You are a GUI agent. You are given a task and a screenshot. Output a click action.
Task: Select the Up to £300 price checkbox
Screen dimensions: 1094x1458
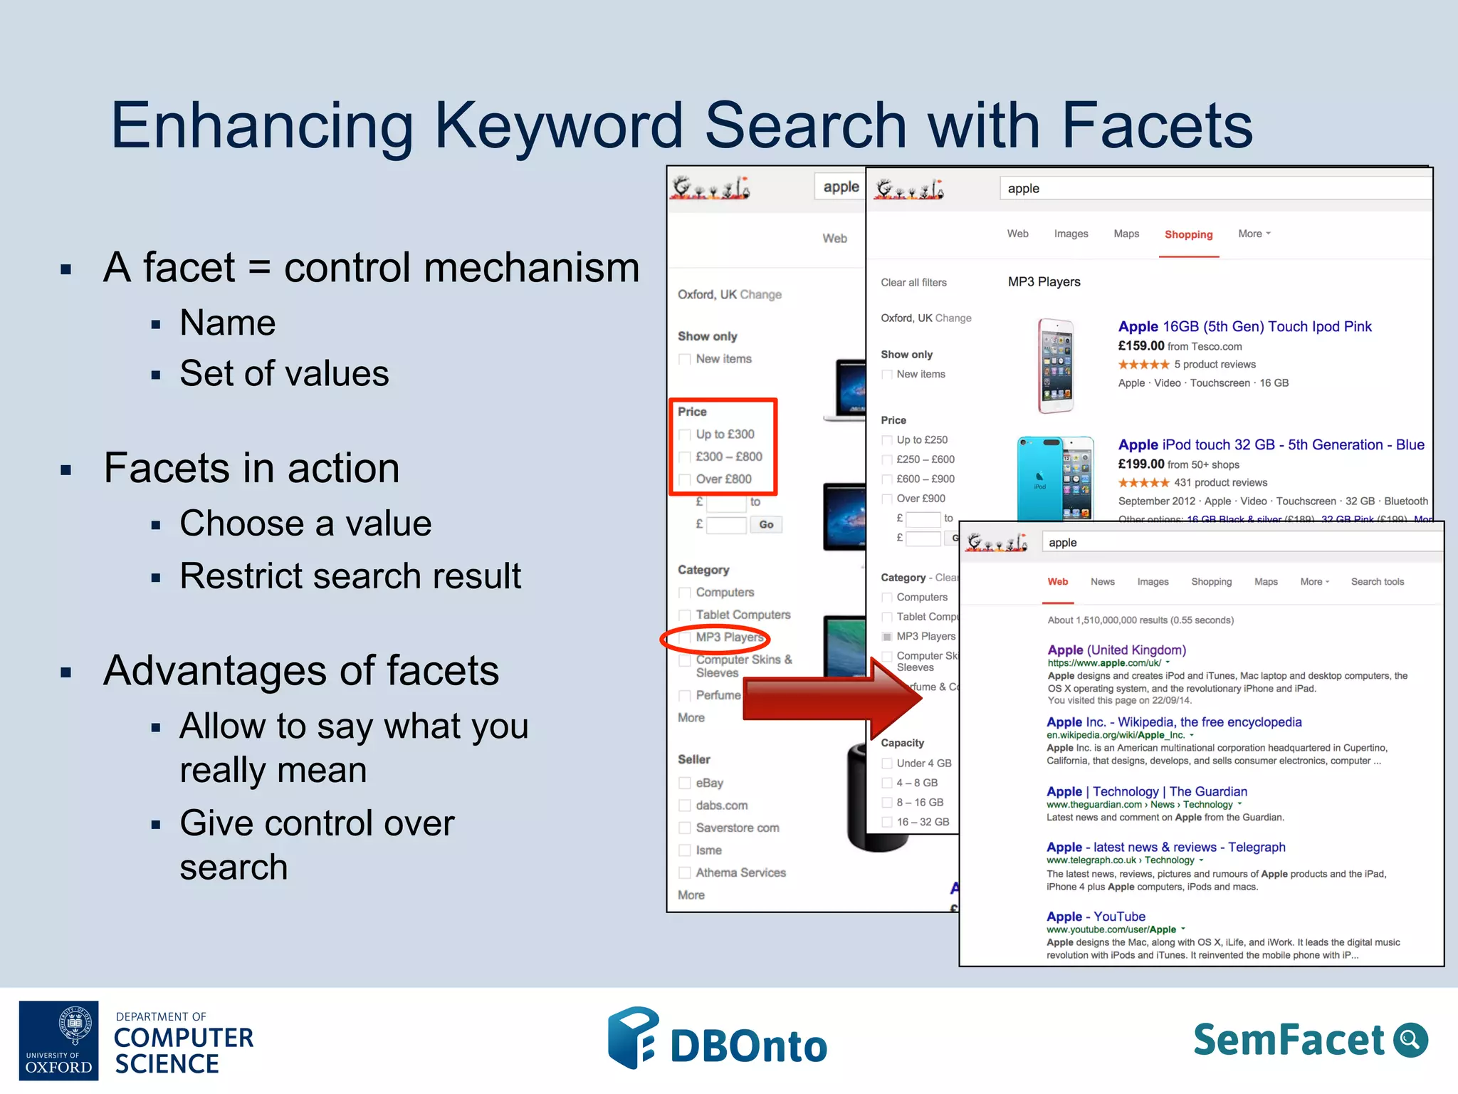pos(685,434)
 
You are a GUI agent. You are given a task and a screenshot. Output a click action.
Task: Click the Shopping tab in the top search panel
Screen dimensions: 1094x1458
pos(1188,234)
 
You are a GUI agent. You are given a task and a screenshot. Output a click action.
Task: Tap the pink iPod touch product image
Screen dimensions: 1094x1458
pos(1055,365)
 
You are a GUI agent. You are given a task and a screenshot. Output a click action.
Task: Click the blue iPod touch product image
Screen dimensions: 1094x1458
pos(1054,478)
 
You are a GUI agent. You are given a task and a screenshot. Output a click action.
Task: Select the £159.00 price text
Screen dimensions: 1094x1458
pos(1140,346)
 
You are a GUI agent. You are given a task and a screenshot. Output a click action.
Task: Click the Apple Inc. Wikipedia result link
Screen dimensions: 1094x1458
pos(1173,722)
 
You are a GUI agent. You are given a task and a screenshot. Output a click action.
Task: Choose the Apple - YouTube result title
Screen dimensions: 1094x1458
pos(1096,917)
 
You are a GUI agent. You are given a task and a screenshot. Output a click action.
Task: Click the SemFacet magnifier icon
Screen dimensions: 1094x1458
pos(1410,1040)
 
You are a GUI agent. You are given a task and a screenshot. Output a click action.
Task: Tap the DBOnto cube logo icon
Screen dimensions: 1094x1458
pos(632,1038)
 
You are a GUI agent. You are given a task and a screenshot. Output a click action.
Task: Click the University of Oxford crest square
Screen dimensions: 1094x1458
pos(59,1040)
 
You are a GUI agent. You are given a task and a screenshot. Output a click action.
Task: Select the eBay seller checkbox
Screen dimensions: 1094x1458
pos(685,783)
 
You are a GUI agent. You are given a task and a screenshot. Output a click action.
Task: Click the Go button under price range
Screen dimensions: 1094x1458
pos(766,525)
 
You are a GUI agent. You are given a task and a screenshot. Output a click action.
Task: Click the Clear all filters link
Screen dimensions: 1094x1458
pos(913,283)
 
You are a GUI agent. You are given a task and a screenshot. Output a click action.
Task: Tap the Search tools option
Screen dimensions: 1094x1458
pos(1377,582)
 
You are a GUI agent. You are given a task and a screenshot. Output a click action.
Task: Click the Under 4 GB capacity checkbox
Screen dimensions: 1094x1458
pos(887,764)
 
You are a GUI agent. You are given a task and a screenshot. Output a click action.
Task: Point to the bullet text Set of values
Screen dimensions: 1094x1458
pos(284,374)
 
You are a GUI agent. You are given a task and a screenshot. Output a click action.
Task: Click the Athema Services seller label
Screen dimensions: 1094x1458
pos(740,872)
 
